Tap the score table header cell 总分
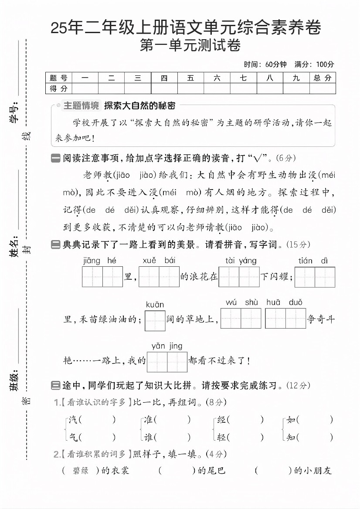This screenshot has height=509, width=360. coord(323,78)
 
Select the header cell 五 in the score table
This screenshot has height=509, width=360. coord(190,78)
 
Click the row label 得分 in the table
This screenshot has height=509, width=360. coord(58,88)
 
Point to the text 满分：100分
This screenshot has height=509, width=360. coord(314,64)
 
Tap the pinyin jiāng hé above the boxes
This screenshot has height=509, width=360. coord(99,261)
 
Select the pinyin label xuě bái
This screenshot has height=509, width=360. coord(159,261)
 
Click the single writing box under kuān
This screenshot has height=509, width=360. coord(155,320)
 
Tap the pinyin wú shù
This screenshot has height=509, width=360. coord(241,302)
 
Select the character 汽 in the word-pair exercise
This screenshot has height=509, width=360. coord(73,420)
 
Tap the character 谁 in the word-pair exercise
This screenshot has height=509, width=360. coord(149,437)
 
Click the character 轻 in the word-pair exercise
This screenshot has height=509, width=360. coord(221,437)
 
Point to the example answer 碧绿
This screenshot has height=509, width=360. coord(80,471)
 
